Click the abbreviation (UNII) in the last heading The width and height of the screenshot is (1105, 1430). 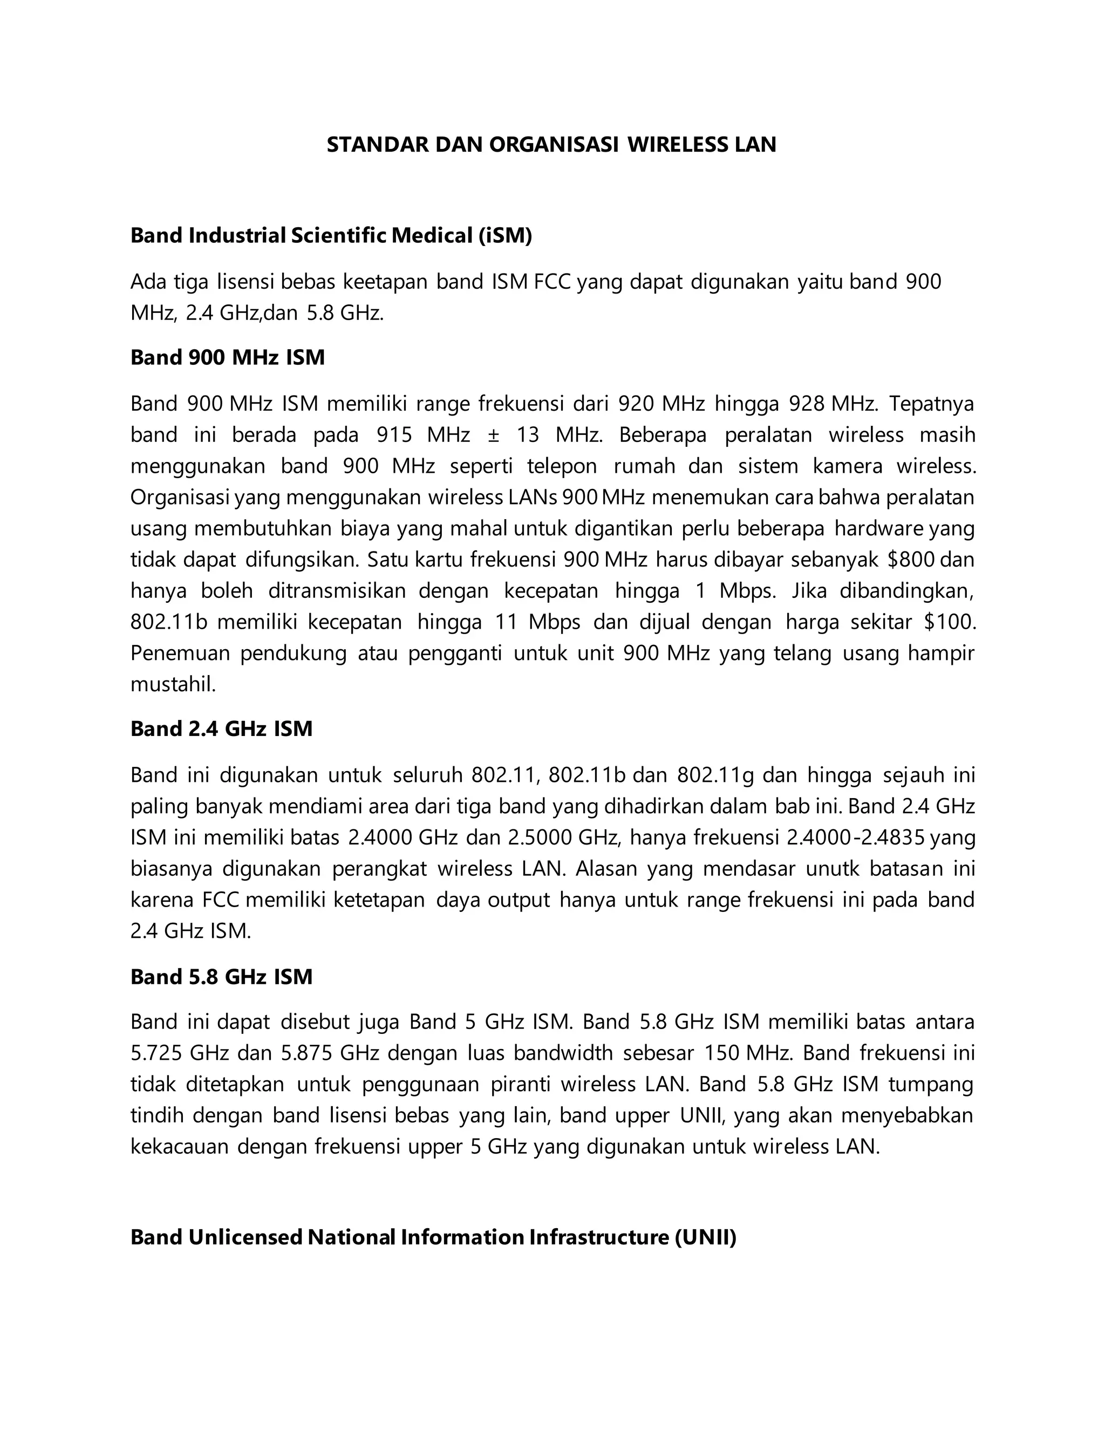pyautogui.click(x=705, y=1237)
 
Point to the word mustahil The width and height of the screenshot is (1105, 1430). pyautogui.click(x=173, y=685)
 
